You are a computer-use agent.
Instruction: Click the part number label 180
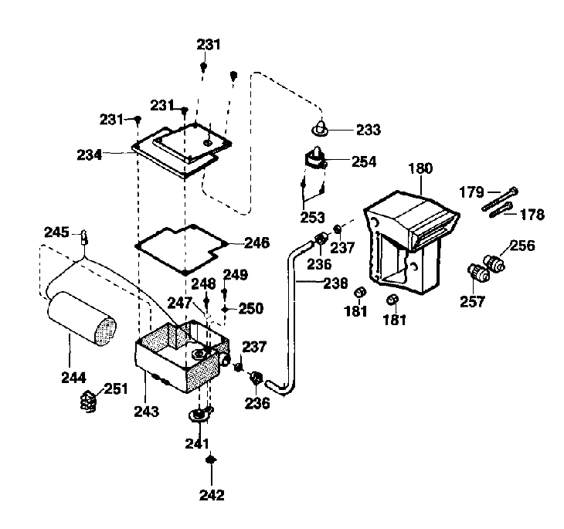(x=421, y=167)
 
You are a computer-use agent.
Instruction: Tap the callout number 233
(x=368, y=130)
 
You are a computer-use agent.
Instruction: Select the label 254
(x=364, y=161)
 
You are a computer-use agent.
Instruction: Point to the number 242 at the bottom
(x=211, y=494)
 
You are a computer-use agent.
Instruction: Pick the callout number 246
(x=256, y=242)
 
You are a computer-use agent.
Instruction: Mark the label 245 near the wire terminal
(x=56, y=232)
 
